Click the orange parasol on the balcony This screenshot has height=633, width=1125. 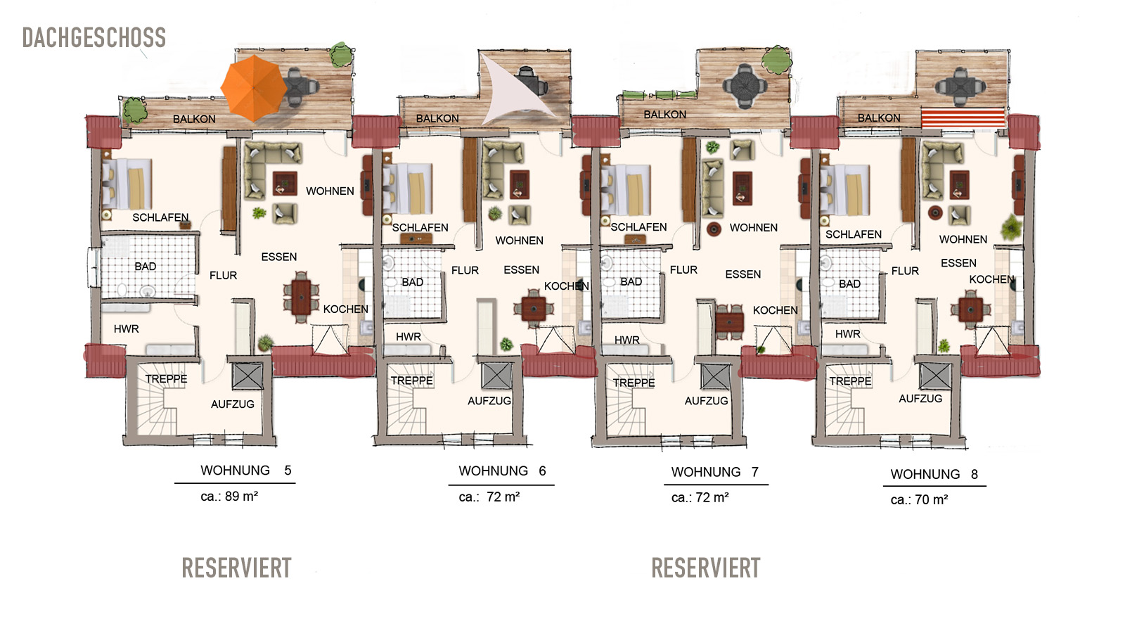254,89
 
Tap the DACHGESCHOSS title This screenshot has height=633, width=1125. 94,38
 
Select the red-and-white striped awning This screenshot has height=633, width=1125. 963,118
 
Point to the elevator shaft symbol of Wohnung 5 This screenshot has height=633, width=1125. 247,376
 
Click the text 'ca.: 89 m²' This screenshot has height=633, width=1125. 229,497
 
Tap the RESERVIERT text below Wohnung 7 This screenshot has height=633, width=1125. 706,568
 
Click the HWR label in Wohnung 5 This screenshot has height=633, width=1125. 126,329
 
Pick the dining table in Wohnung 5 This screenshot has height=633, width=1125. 301,297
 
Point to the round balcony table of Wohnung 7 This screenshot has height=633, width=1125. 745,86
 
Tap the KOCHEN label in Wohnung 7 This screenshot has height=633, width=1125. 775,310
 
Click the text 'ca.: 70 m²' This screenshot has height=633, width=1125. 919,500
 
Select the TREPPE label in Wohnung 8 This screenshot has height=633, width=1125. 850,381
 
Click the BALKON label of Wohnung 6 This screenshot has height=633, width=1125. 437,119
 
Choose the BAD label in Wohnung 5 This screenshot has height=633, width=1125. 145,267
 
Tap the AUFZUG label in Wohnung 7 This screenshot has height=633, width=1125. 706,401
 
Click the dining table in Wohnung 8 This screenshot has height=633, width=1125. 970,309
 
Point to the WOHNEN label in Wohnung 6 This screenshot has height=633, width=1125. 520,241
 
